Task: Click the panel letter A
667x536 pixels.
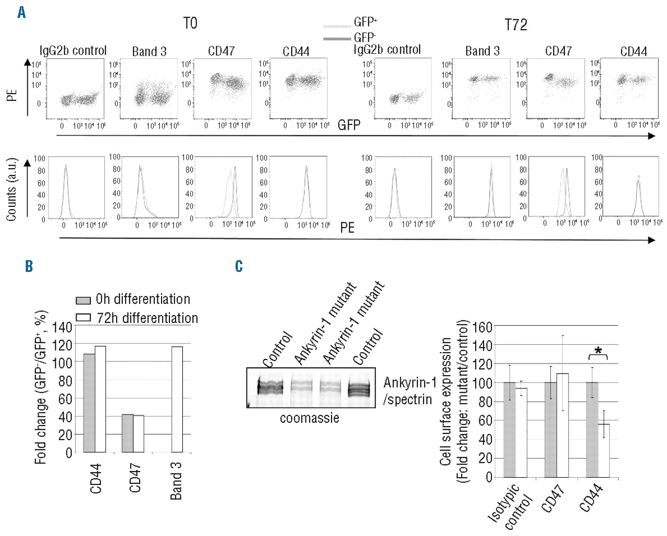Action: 21,12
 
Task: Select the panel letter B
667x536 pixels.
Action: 29,266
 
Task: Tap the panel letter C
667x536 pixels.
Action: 239,266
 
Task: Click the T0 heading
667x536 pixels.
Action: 190,23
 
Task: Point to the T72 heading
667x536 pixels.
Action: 515,25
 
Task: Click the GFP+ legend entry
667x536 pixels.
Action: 365,22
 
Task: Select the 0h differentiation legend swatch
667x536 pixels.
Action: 83,301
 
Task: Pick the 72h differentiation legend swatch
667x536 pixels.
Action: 83,318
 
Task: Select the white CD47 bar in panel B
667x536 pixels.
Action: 138,434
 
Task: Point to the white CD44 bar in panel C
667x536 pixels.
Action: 603,451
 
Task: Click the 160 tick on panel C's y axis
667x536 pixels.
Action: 482,327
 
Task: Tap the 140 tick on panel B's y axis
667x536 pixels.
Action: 63,327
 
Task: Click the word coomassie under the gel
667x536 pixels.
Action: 310,418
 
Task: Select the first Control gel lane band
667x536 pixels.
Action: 270,387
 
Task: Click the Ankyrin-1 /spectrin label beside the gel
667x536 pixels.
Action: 410,391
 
